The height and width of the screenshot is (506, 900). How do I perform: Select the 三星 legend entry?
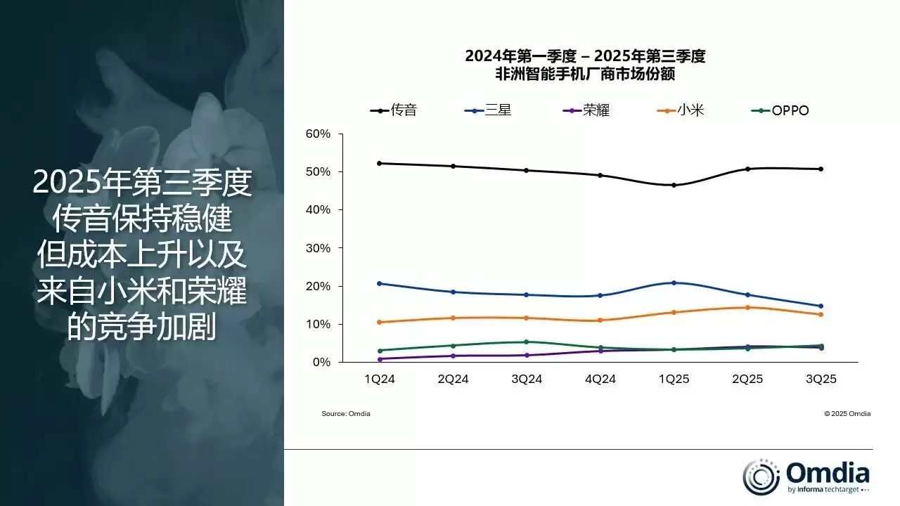pos(488,110)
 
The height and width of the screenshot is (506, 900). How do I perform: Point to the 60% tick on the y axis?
pos(317,134)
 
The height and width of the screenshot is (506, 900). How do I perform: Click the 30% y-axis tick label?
pos(317,248)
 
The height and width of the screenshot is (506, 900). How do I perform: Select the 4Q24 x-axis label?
pos(600,379)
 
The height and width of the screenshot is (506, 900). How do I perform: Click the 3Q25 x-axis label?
pos(821,379)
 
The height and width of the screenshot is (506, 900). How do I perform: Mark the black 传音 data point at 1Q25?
pos(674,186)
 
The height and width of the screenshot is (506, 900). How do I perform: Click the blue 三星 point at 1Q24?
pos(380,283)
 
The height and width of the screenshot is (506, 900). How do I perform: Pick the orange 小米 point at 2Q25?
pos(747,307)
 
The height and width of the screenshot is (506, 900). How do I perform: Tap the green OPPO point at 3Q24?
pos(527,342)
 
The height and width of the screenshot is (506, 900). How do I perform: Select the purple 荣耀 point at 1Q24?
pos(380,359)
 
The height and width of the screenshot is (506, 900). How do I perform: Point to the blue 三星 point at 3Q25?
pos(821,306)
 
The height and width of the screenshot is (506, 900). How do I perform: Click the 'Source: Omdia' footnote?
pos(346,414)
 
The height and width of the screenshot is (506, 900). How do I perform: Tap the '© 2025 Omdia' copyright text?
pos(847,414)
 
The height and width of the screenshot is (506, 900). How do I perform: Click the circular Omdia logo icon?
pos(761,476)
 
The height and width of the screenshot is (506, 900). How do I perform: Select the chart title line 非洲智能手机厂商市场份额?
pos(585,72)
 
